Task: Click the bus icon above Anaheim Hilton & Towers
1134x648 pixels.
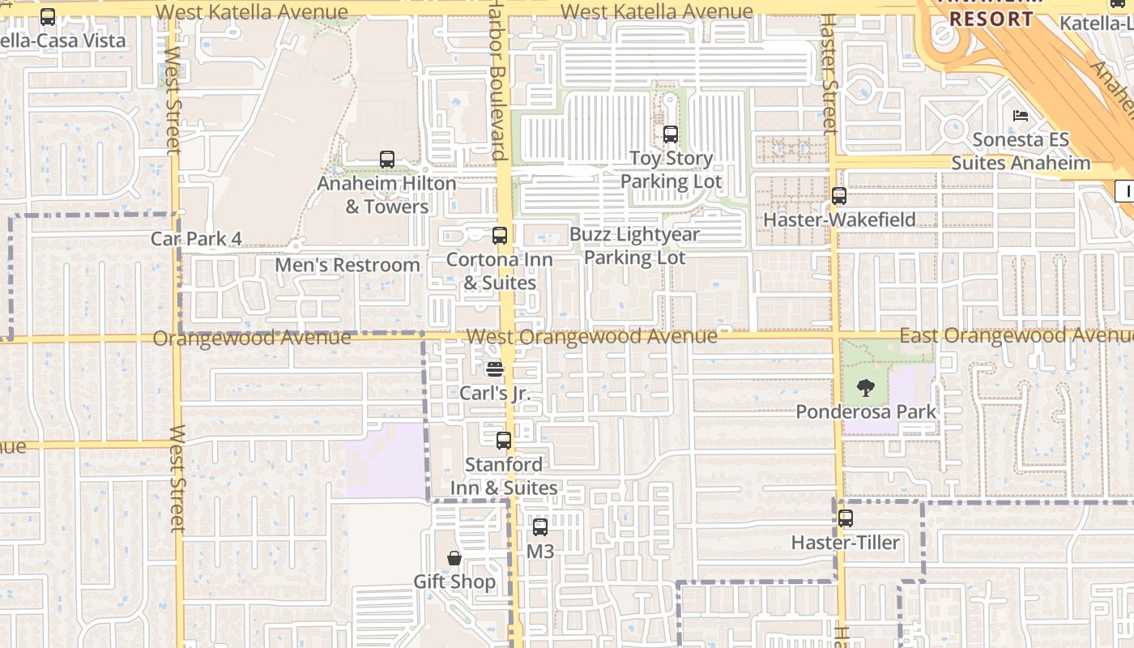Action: [387, 160]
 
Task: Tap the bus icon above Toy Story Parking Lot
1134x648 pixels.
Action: [671, 134]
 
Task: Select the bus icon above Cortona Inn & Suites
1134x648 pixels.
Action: [500, 236]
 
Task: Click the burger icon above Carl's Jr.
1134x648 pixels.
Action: [495, 369]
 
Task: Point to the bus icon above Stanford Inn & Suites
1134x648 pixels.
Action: [504, 441]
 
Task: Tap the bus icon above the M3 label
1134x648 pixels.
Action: [540, 527]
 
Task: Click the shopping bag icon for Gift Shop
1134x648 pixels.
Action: [454, 558]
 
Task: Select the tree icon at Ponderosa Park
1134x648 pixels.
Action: [866, 388]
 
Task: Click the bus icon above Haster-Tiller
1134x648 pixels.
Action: [846, 518]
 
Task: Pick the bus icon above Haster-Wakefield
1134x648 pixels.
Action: [839, 196]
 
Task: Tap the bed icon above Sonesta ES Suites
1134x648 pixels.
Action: [1021, 116]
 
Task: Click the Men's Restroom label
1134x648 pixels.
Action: [347, 265]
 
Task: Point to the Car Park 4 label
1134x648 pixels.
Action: [196, 238]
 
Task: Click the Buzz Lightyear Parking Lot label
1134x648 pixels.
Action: [634, 245]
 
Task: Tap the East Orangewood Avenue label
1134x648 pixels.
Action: [1016, 335]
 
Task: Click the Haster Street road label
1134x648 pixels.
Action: [829, 73]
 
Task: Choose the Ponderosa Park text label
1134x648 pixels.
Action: [866, 411]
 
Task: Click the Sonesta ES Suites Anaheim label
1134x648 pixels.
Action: [1021, 151]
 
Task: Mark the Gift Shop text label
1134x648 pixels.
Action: [454, 582]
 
